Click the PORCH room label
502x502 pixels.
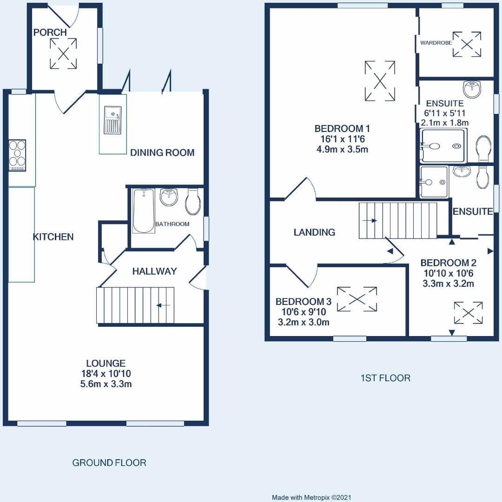pyautogui.click(x=50, y=33)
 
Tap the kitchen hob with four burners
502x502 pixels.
pyautogui.click(x=17, y=155)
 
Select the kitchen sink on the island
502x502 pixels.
pyautogui.click(x=113, y=120)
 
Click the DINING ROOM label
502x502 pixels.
pyautogui.click(x=162, y=152)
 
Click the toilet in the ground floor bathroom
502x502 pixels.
pyautogui.click(x=192, y=201)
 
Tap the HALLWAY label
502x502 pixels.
pyautogui.click(x=154, y=271)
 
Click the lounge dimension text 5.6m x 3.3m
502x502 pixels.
pyautogui.click(x=106, y=384)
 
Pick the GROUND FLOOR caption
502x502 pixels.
pyautogui.click(x=109, y=462)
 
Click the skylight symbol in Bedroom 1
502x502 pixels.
pyautogui.click(x=380, y=81)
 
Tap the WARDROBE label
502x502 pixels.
pyautogui.click(x=436, y=43)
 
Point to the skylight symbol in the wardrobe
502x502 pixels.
pyautogui.click(x=467, y=45)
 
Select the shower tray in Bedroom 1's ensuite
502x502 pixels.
pyautogui.click(x=443, y=146)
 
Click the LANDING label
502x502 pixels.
pyautogui.click(x=314, y=232)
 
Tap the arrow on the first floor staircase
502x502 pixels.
pyautogui.click(x=370, y=220)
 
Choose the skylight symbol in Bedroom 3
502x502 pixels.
pyautogui.click(x=357, y=299)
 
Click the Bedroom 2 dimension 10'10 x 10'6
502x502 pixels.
pyautogui.click(x=448, y=273)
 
